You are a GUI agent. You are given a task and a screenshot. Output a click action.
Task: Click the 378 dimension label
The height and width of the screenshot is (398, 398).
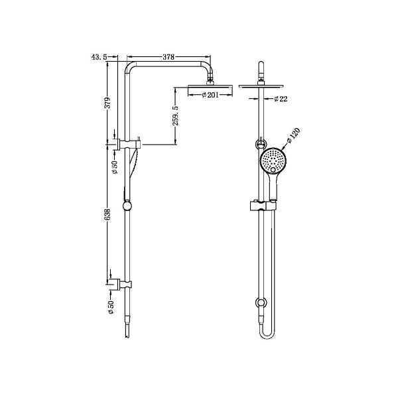coord(168,58)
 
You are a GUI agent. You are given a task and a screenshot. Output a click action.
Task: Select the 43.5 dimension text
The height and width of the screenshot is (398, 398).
coord(98,58)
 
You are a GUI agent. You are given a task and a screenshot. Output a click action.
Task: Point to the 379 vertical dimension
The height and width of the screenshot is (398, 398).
coord(107,103)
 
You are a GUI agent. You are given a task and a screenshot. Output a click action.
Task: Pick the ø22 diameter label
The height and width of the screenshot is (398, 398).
coord(279,99)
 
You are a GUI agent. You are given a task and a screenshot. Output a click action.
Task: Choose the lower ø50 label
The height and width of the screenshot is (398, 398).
coord(111,307)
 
